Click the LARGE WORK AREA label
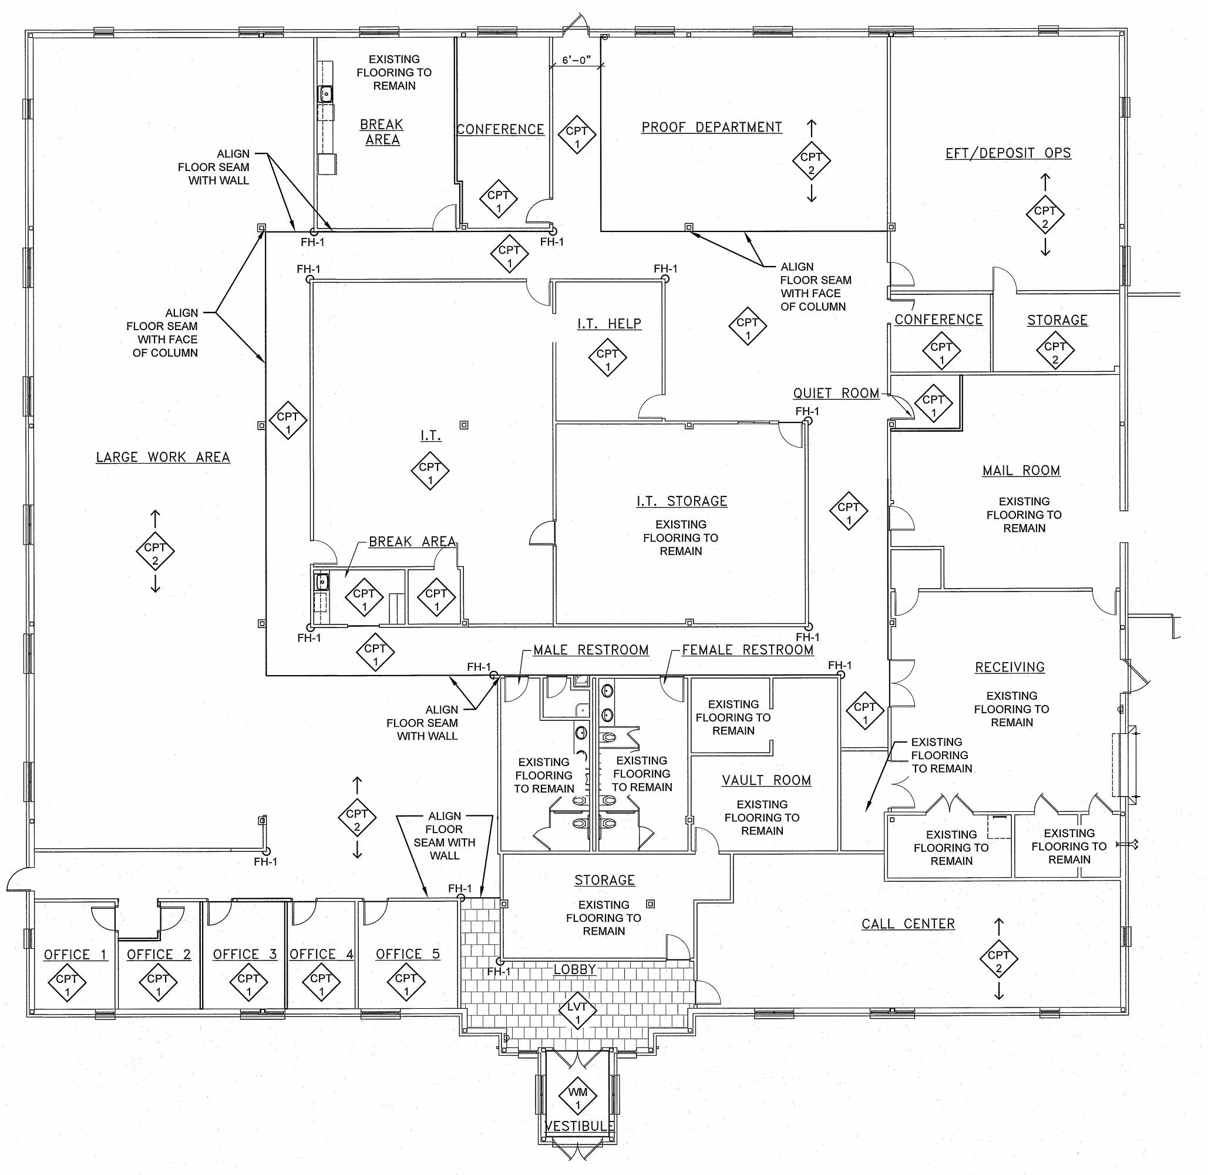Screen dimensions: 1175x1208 point(163,457)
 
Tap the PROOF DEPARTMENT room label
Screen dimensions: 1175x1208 point(711,127)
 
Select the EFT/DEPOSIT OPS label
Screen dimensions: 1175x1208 point(1008,153)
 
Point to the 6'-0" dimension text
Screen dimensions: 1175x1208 point(576,61)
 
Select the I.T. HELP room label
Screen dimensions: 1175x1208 point(609,323)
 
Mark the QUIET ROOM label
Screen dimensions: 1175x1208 point(836,393)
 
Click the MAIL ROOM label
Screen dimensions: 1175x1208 point(1021,470)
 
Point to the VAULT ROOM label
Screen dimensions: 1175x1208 point(766,780)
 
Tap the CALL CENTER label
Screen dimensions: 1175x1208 point(907,924)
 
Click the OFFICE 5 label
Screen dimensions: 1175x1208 point(408,954)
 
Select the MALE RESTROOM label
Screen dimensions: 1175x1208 point(590,650)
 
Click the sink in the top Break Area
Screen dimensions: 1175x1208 point(325,95)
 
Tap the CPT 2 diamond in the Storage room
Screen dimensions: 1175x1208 point(1055,351)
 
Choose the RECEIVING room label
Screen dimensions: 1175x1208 point(1010,667)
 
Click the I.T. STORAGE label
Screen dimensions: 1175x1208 point(682,501)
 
